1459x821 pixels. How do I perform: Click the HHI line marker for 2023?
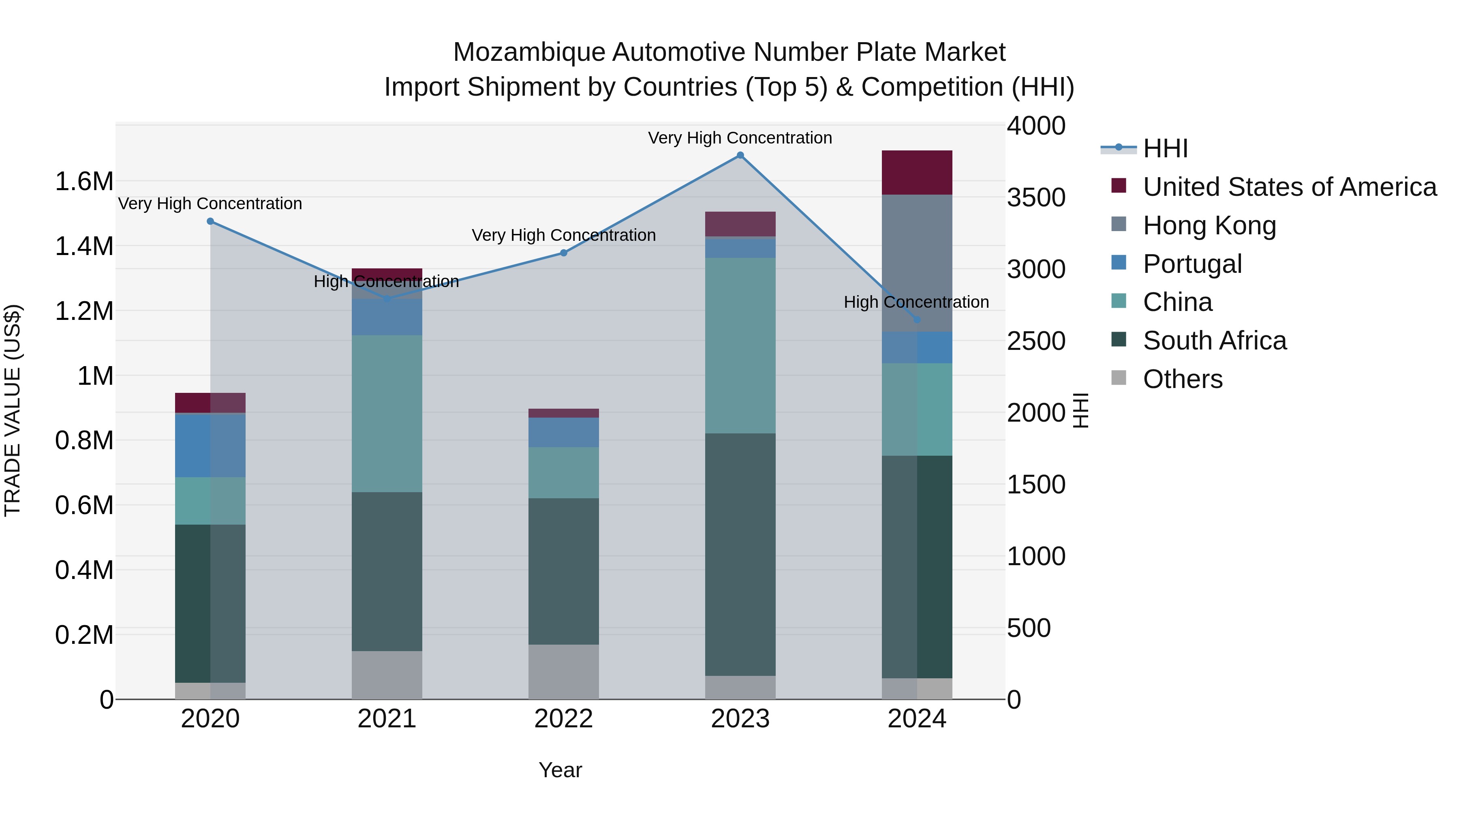click(x=740, y=155)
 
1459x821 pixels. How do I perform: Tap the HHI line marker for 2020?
click(x=210, y=221)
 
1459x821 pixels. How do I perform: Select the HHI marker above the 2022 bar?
click(x=564, y=253)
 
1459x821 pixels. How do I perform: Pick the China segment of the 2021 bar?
click(x=387, y=413)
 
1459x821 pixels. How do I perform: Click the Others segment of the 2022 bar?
click(x=564, y=671)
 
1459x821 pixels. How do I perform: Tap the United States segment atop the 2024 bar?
click(x=917, y=172)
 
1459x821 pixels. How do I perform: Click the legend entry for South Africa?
click(x=1214, y=341)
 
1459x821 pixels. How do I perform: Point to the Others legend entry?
click(x=1182, y=379)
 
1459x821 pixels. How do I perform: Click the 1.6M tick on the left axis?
click(x=84, y=182)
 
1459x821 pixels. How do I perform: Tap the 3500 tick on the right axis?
click(x=1036, y=198)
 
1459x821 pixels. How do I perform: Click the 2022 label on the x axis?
click(x=564, y=719)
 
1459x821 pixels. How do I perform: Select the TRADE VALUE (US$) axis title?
click(x=13, y=410)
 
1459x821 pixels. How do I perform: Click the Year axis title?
click(x=560, y=770)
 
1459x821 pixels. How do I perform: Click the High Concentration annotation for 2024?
click(x=916, y=302)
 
